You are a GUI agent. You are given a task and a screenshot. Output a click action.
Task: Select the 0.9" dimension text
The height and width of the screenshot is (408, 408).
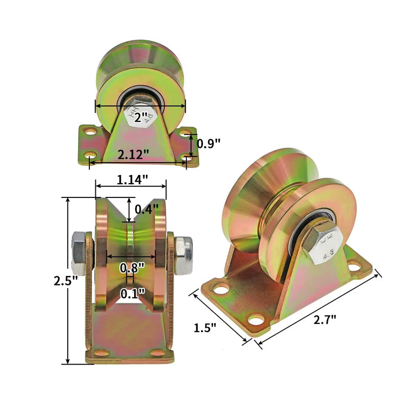(208, 143)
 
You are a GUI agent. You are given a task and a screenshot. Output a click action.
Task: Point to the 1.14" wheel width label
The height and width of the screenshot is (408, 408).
(132, 179)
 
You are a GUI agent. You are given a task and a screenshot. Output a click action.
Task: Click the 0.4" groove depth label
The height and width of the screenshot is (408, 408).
(147, 209)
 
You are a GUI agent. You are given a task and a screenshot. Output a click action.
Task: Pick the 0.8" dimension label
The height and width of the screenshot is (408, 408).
(132, 267)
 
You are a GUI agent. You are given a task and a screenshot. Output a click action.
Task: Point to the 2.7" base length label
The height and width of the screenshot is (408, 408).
(324, 320)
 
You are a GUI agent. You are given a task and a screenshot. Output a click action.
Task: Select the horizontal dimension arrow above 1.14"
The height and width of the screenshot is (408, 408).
(131, 187)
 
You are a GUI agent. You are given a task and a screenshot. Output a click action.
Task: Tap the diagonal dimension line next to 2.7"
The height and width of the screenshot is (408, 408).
(319, 309)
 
